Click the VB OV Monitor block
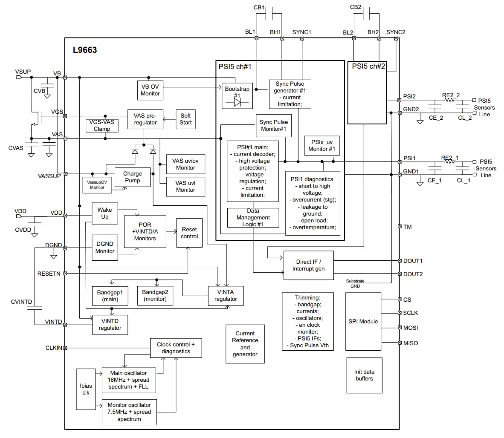pyautogui.click(x=150, y=90)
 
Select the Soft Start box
pyautogui.click(x=185, y=119)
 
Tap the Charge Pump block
pyautogui.click(x=132, y=177)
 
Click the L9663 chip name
pyautogui.click(x=85, y=50)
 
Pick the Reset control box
pyautogui.click(x=189, y=233)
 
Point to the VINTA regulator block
pyautogui.click(x=226, y=295)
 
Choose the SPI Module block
pyautogui.click(x=363, y=321)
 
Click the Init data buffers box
pyautogui.click(x=364, y=375)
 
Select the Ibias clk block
pyautogui.click(x=86, y=389)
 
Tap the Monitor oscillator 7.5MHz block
pyautogui.click(x=129, y=412)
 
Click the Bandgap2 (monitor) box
pyautogui.click(x=155, y=296)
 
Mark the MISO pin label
pyautogui.click(x=411, y=343)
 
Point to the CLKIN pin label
pyautogui.click(x=54, y=348)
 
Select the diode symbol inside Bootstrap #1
pyautogui.click(x=237, y=103)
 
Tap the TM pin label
pyautogui.click(x=407, y=227)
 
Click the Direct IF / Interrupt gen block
pyautogui.click(x=308, y=265)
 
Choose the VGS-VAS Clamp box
pyautogui.click(x=101, y=125)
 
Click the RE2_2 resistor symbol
pyautogui.click(x=449, y=100)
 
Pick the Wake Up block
pyautogui.click(x=104, y=213)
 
